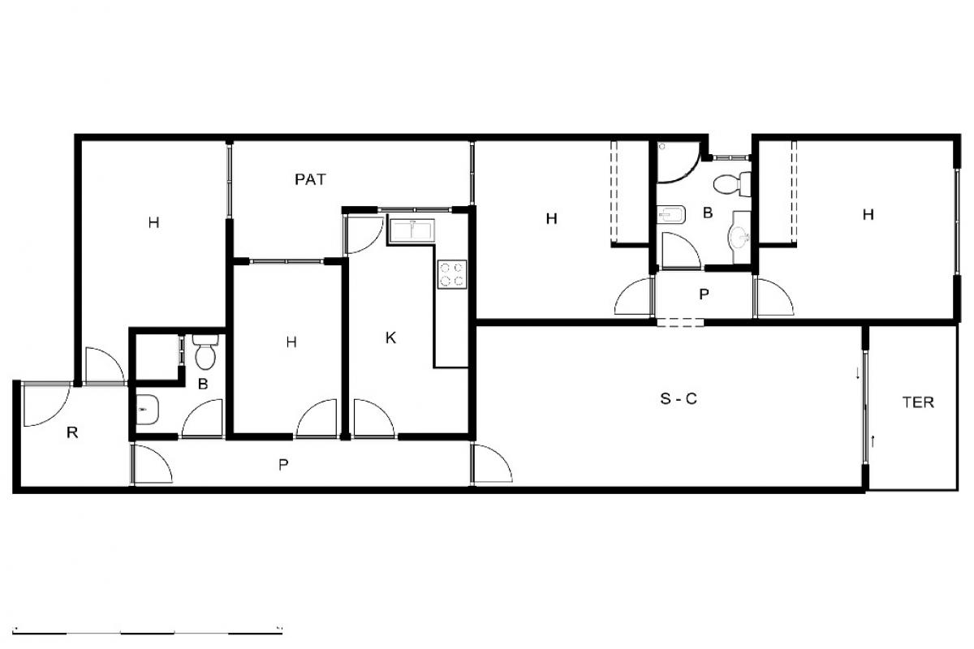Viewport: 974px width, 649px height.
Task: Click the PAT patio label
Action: [x=310, y=179]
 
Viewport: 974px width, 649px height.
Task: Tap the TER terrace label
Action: [x=918, y=402]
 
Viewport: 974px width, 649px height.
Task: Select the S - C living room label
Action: [x=679, y=398]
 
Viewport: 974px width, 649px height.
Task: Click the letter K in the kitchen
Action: [x=390, y=337]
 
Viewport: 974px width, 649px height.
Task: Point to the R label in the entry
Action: [x=72, y=432]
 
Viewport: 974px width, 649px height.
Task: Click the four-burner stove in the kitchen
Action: [x=452, y=274]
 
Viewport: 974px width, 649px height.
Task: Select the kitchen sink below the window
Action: [x=412, y=230]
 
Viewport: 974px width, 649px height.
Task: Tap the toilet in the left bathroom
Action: [x=205, y=351]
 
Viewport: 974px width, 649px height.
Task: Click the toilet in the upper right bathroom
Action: [x=732, y=184]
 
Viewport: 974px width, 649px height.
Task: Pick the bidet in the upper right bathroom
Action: [x=671, y=214]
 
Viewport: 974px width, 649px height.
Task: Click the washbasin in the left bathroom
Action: [x=147, y=410]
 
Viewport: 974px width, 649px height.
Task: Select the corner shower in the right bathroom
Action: [x=678, y=161]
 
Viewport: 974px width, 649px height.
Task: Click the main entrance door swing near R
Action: [x=46, y=404]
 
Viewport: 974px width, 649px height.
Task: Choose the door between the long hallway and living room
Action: [x=492, y=463]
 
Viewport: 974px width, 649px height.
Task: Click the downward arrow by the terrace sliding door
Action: [x=857, y=373]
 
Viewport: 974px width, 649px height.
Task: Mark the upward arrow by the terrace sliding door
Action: [x=873, y=441]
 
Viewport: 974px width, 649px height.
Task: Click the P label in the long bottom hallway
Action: [x=283, y=465]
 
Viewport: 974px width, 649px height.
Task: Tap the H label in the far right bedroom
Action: [x=868, y=214]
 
